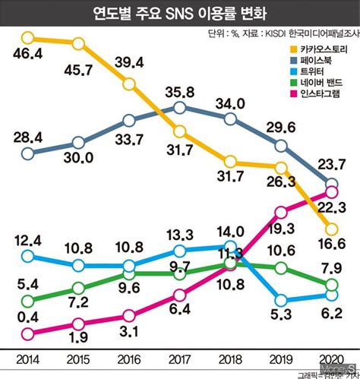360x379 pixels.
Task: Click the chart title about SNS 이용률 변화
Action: [179, 14]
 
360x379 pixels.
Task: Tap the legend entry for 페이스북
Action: [318, 62]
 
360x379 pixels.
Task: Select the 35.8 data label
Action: [180, 93]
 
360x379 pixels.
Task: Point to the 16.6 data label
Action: [332, 243]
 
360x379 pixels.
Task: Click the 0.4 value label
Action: [28, 316]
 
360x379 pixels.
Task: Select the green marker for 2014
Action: [28, 302]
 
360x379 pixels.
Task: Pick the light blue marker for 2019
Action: [281, 298]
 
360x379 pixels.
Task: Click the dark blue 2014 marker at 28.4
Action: [28, 153]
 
